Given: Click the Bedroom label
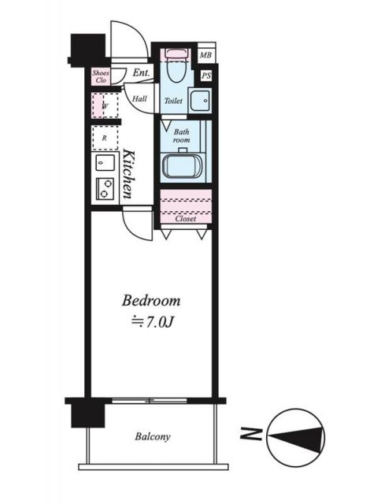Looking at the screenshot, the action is tap(151, 301).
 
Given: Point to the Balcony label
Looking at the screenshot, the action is tap(153, 436).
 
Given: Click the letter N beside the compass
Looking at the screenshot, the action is tap(251, 434).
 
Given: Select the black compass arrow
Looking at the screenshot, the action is tap(296, 437).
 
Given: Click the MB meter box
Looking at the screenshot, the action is tap(206, 54).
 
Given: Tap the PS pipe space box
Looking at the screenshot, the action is tap(206, 76).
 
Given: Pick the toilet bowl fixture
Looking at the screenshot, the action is tap(176, 66).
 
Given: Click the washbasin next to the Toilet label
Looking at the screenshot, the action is tap(200, 100).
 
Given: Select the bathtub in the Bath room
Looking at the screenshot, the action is tap(182, 166).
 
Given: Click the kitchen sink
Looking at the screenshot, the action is tap(105, 163).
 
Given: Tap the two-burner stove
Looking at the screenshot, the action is tap(105, 189).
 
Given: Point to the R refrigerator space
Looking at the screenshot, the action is tap(105, 139).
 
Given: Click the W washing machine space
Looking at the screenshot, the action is tap(105, 106).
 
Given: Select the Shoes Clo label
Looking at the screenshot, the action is tap(101, 76).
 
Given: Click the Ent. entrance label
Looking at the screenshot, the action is tap(142, 72).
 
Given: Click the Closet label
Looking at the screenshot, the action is tap(186, 219).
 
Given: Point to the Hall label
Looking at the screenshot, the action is tap(139, 99).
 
